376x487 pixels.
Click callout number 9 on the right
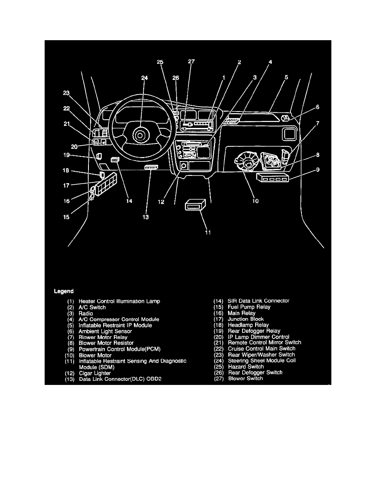coord(318,169)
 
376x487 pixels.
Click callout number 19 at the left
coord(67,155)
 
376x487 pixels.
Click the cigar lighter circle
coord(183,166)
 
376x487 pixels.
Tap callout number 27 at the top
coord(191,62)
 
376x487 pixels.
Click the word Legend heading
coord(64,291)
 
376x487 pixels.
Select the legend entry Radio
coord(86,313)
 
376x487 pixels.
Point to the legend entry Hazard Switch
coord(246,366)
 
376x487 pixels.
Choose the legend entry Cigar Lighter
coord(95,373)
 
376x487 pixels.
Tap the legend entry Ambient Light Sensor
coord(105,331)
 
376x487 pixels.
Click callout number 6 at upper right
coord(318,107)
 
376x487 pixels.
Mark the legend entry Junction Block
coord(246,319)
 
